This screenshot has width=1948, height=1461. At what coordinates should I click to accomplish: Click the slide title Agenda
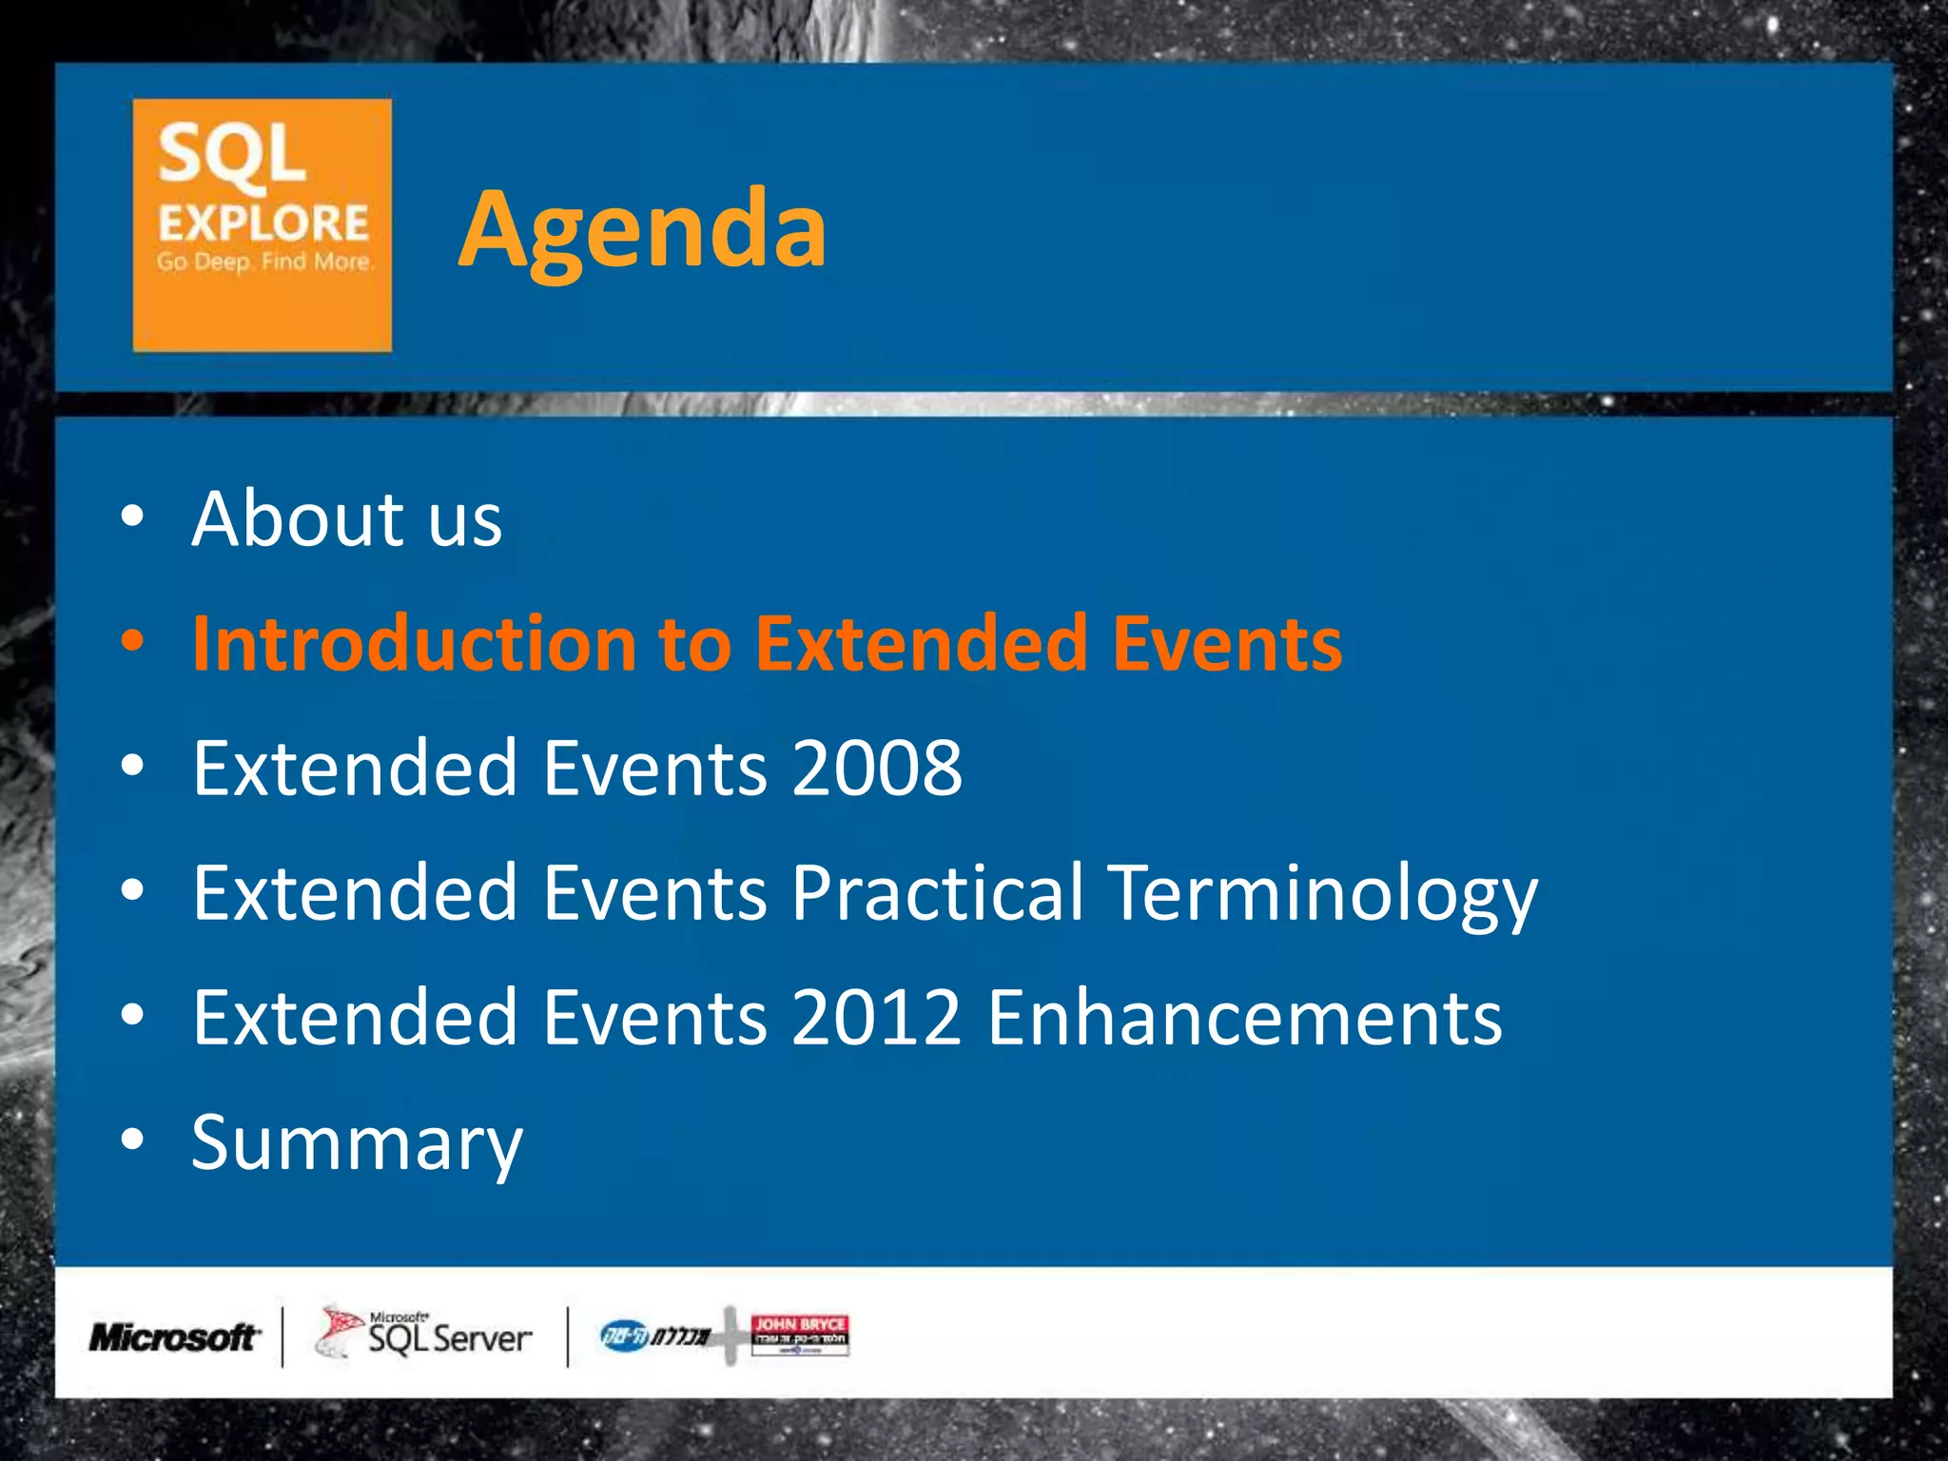643,230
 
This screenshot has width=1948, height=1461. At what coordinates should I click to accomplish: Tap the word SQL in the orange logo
231,155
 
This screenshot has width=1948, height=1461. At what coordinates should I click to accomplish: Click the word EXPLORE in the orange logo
263,224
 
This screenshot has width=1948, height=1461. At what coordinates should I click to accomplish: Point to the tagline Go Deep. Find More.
264,262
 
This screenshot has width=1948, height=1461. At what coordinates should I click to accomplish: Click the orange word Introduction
413,644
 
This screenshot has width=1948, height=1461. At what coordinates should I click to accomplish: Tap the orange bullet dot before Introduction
133,641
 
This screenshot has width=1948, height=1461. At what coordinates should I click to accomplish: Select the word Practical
937,893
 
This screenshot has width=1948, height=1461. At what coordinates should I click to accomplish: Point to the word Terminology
1323,895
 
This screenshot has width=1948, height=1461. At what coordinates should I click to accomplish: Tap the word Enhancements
1244,1018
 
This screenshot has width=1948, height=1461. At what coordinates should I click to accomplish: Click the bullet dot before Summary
133,1139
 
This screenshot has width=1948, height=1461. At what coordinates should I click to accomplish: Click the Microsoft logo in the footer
174,1337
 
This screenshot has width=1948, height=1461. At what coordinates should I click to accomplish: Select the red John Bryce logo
799,1334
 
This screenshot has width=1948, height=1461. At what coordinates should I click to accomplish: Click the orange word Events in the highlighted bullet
1227,644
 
